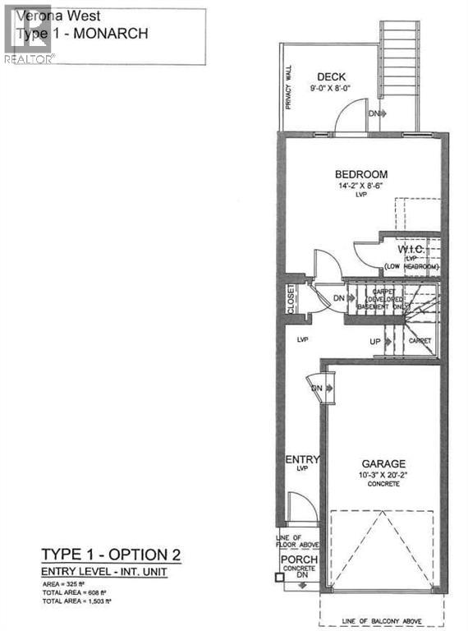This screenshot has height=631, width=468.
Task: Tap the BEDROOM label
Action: pyautogui.click(x=360, y=174)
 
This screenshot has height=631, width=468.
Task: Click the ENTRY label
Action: pyautogui.click(x=301, y=459)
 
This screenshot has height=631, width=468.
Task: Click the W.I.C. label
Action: pyautogui.click(x=410, y=249)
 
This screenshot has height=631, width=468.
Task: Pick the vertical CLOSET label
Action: pyautogui.click(x=291, y=299)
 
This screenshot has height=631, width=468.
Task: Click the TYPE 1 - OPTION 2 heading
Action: pyautogui.click(x=110, y=554)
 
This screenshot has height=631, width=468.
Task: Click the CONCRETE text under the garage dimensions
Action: pyautogui.click(x=383, y=485)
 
